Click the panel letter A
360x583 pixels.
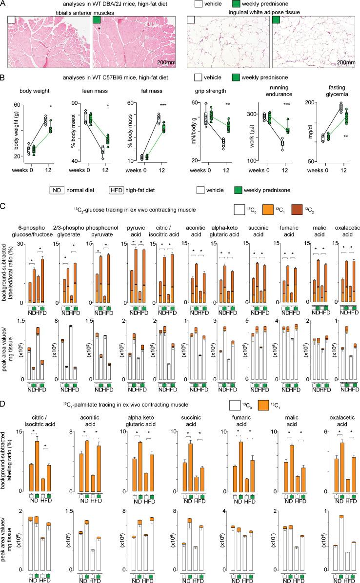pos(3,4)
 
